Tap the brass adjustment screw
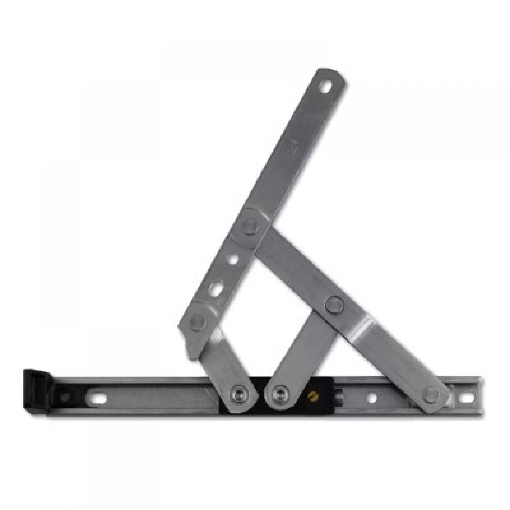312,397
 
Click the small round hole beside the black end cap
65,395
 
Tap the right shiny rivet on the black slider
280,394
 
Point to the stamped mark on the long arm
292,149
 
